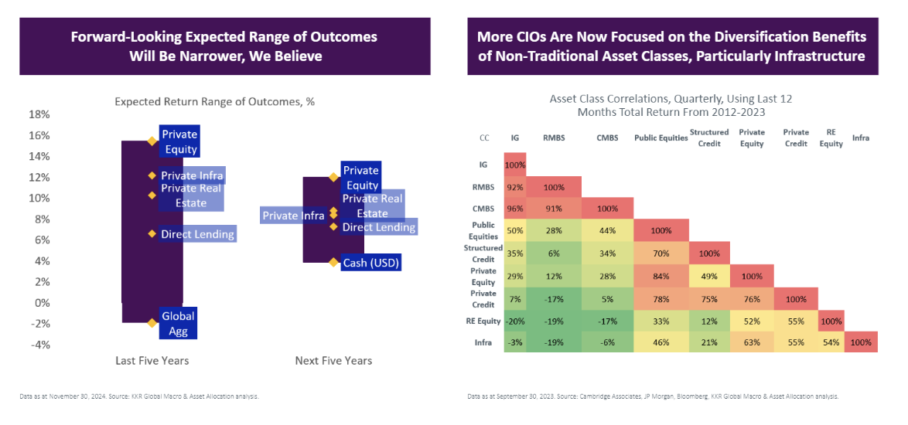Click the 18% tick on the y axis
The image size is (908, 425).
(x=39, y=114)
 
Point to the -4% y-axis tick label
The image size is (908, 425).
(x=39, y=345)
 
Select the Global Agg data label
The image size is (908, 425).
(x=178, y=323)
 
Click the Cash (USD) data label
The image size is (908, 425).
(x=372, y=263)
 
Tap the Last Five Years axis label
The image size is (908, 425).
(x=152, y=361)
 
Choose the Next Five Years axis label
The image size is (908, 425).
(x=333, y=361)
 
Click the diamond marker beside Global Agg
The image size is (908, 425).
(x=152, y=323)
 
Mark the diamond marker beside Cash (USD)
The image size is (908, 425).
(x=333, y=263)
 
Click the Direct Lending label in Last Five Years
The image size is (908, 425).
(x=197, y=234)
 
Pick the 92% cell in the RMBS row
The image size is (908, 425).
(x=514, y=186)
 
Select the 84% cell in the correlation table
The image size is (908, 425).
(x=661, y=276)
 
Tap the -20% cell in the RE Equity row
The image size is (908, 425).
(x=514, y=321)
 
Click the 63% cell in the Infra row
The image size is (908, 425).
(x=752, y=342)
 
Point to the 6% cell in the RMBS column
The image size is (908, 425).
(x=552, y=253)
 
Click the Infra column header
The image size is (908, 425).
(x=861, y=138)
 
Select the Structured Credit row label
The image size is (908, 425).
(x=483, y=253)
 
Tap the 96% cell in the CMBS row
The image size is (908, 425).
(x=514, y=209)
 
